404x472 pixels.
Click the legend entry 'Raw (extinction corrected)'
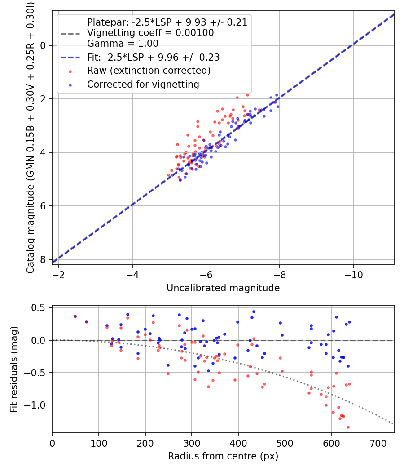149,71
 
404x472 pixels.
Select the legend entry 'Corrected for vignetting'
143,84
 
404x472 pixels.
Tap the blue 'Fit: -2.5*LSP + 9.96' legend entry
153,58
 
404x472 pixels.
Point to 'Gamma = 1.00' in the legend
123,44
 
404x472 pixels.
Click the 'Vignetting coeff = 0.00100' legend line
150,33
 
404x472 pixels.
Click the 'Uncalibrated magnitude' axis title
223,288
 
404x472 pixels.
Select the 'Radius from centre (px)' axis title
223,456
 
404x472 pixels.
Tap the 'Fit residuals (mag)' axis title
14,370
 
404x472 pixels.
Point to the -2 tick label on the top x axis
58,274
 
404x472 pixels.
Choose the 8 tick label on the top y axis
43,259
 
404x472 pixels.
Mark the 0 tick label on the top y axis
43,45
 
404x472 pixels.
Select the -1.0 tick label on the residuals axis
37,405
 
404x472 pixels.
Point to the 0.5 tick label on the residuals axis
40,307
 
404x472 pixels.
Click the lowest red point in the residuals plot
348,427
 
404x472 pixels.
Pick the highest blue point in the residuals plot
254,312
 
